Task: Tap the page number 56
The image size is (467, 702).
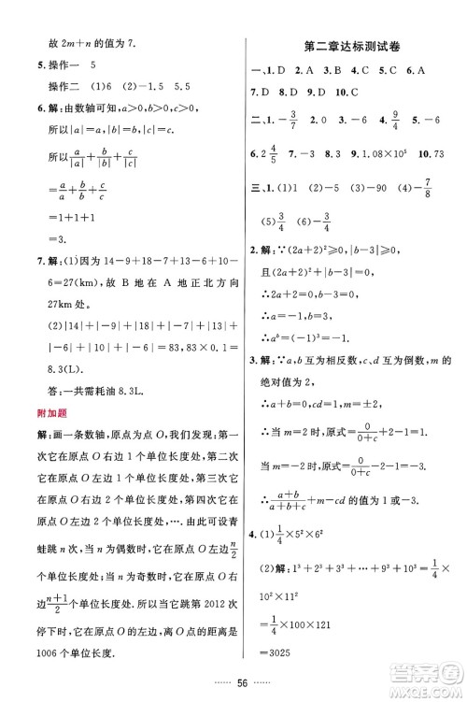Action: point(233,682)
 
